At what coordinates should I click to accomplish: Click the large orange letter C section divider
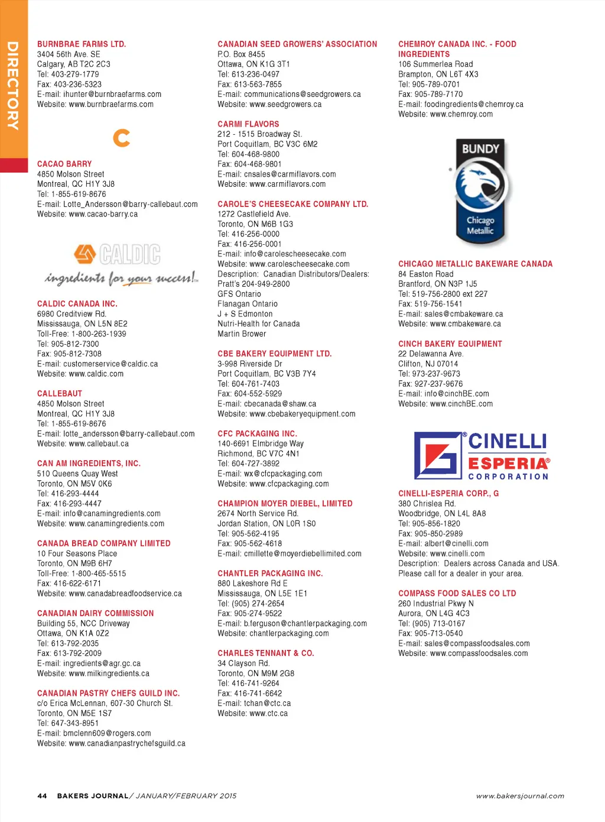tap(122, 138)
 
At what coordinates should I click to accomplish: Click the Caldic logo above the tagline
tap(117, 254)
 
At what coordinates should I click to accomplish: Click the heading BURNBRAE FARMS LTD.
tap(82, 44)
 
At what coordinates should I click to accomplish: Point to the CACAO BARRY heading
tap(64, 164)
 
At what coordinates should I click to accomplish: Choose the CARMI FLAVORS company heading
tap(248, 124)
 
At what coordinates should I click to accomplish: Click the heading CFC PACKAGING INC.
tap(257, 433)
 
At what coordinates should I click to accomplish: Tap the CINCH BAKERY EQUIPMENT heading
tap(450, 344)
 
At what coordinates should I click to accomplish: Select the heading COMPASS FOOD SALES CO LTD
tap(457, 593)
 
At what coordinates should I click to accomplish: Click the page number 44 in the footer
tap(42, 796)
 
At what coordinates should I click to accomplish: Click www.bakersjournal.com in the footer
tap(520, 796)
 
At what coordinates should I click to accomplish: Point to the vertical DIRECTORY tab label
tap(12, 86)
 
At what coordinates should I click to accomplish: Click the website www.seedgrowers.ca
tap(285, 105)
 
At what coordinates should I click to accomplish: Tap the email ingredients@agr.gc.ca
tap(102, 664)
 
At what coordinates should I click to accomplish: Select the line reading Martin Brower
tap(242, 334)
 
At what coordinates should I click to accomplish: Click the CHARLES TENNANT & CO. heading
tap(266, 653)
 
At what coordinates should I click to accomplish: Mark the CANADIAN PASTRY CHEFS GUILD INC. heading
tap(108, 693)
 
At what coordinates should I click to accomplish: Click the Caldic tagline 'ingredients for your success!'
tap(122, 278)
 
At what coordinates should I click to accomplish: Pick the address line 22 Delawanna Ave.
tap(431, 354)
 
